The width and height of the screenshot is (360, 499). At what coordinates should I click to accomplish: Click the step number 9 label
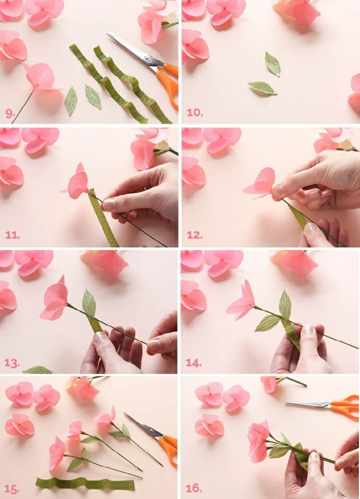point(10,113)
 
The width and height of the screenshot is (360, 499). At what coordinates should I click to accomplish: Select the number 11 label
point(12,235)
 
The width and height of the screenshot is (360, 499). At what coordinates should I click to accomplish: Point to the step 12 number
point(194,235)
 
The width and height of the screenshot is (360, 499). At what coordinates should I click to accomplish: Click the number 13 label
point(12,363)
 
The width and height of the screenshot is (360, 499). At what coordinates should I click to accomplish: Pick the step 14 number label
point(194,363)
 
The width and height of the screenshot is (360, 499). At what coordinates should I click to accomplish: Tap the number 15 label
point(12,488)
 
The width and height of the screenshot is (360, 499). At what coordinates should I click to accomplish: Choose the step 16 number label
point(194,488)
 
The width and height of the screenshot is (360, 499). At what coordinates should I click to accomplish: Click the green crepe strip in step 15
point(85,484)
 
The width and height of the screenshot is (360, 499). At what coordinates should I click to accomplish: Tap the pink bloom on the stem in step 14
point(240,302)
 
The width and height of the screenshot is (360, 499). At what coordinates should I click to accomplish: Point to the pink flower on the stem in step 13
point(55,300)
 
